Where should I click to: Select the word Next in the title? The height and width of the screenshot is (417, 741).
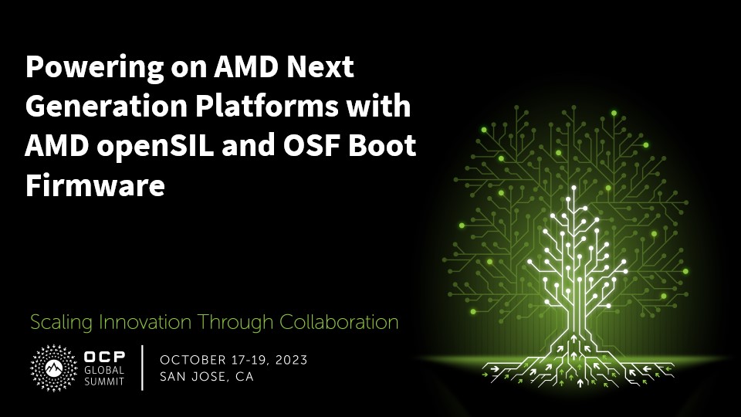coord(320,66)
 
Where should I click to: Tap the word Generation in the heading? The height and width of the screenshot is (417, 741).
coord(106,106)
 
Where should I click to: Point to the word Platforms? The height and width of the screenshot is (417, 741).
coord(267,106)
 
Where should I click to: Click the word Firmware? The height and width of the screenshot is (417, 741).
coord(95,185)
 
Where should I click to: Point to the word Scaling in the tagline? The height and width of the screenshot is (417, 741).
coord(61,324)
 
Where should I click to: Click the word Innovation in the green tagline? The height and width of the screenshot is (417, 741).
coord(145,323)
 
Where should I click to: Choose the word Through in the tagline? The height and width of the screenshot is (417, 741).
coord(235,324)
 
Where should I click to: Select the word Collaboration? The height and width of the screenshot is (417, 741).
coord(339,323)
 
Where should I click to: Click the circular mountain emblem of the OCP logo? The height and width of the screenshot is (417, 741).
coord(53,368)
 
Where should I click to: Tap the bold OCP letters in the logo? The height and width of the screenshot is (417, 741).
coord(104,357)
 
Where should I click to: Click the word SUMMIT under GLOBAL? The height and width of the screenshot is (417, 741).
coord(104,381)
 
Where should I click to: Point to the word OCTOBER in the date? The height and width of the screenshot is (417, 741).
coord(193,361)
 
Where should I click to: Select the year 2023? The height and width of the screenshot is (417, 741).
coord(292,361)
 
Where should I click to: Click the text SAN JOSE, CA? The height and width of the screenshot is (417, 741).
coord(207,377)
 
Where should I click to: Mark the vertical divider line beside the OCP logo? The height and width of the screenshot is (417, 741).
coord(142,368)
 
